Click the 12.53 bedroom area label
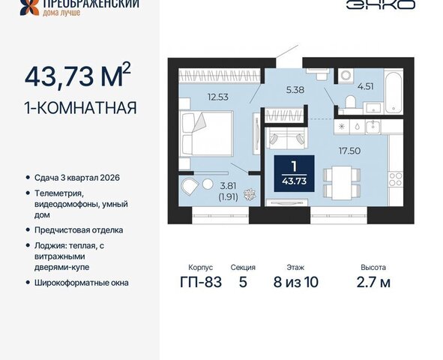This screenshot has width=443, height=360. point(218,97)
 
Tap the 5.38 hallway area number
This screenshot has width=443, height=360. point(295,90)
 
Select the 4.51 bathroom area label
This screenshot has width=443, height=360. point(366,86)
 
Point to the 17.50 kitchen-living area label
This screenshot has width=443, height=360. point(350,151)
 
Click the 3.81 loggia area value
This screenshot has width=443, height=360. point(228,186)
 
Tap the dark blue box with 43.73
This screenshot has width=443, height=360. point(294,173)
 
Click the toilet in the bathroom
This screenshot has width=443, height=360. point(351,102)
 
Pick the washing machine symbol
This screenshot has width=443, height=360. point(346,76)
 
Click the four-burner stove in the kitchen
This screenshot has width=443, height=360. point(396,179)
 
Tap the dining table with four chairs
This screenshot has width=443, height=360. point(342,183)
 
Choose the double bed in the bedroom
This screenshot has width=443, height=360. point(207,133)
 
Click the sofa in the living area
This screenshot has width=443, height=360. point(287,137)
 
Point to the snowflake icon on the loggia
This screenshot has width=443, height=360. point(250,194)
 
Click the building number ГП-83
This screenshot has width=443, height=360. point(201,282)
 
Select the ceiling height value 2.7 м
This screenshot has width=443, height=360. point(373,282)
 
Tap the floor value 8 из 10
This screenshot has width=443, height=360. point(296,282)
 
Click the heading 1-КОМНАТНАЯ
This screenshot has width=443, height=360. point(81,108)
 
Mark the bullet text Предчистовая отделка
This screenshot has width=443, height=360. point(79,230)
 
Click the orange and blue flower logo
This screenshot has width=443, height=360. point(30,7)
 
